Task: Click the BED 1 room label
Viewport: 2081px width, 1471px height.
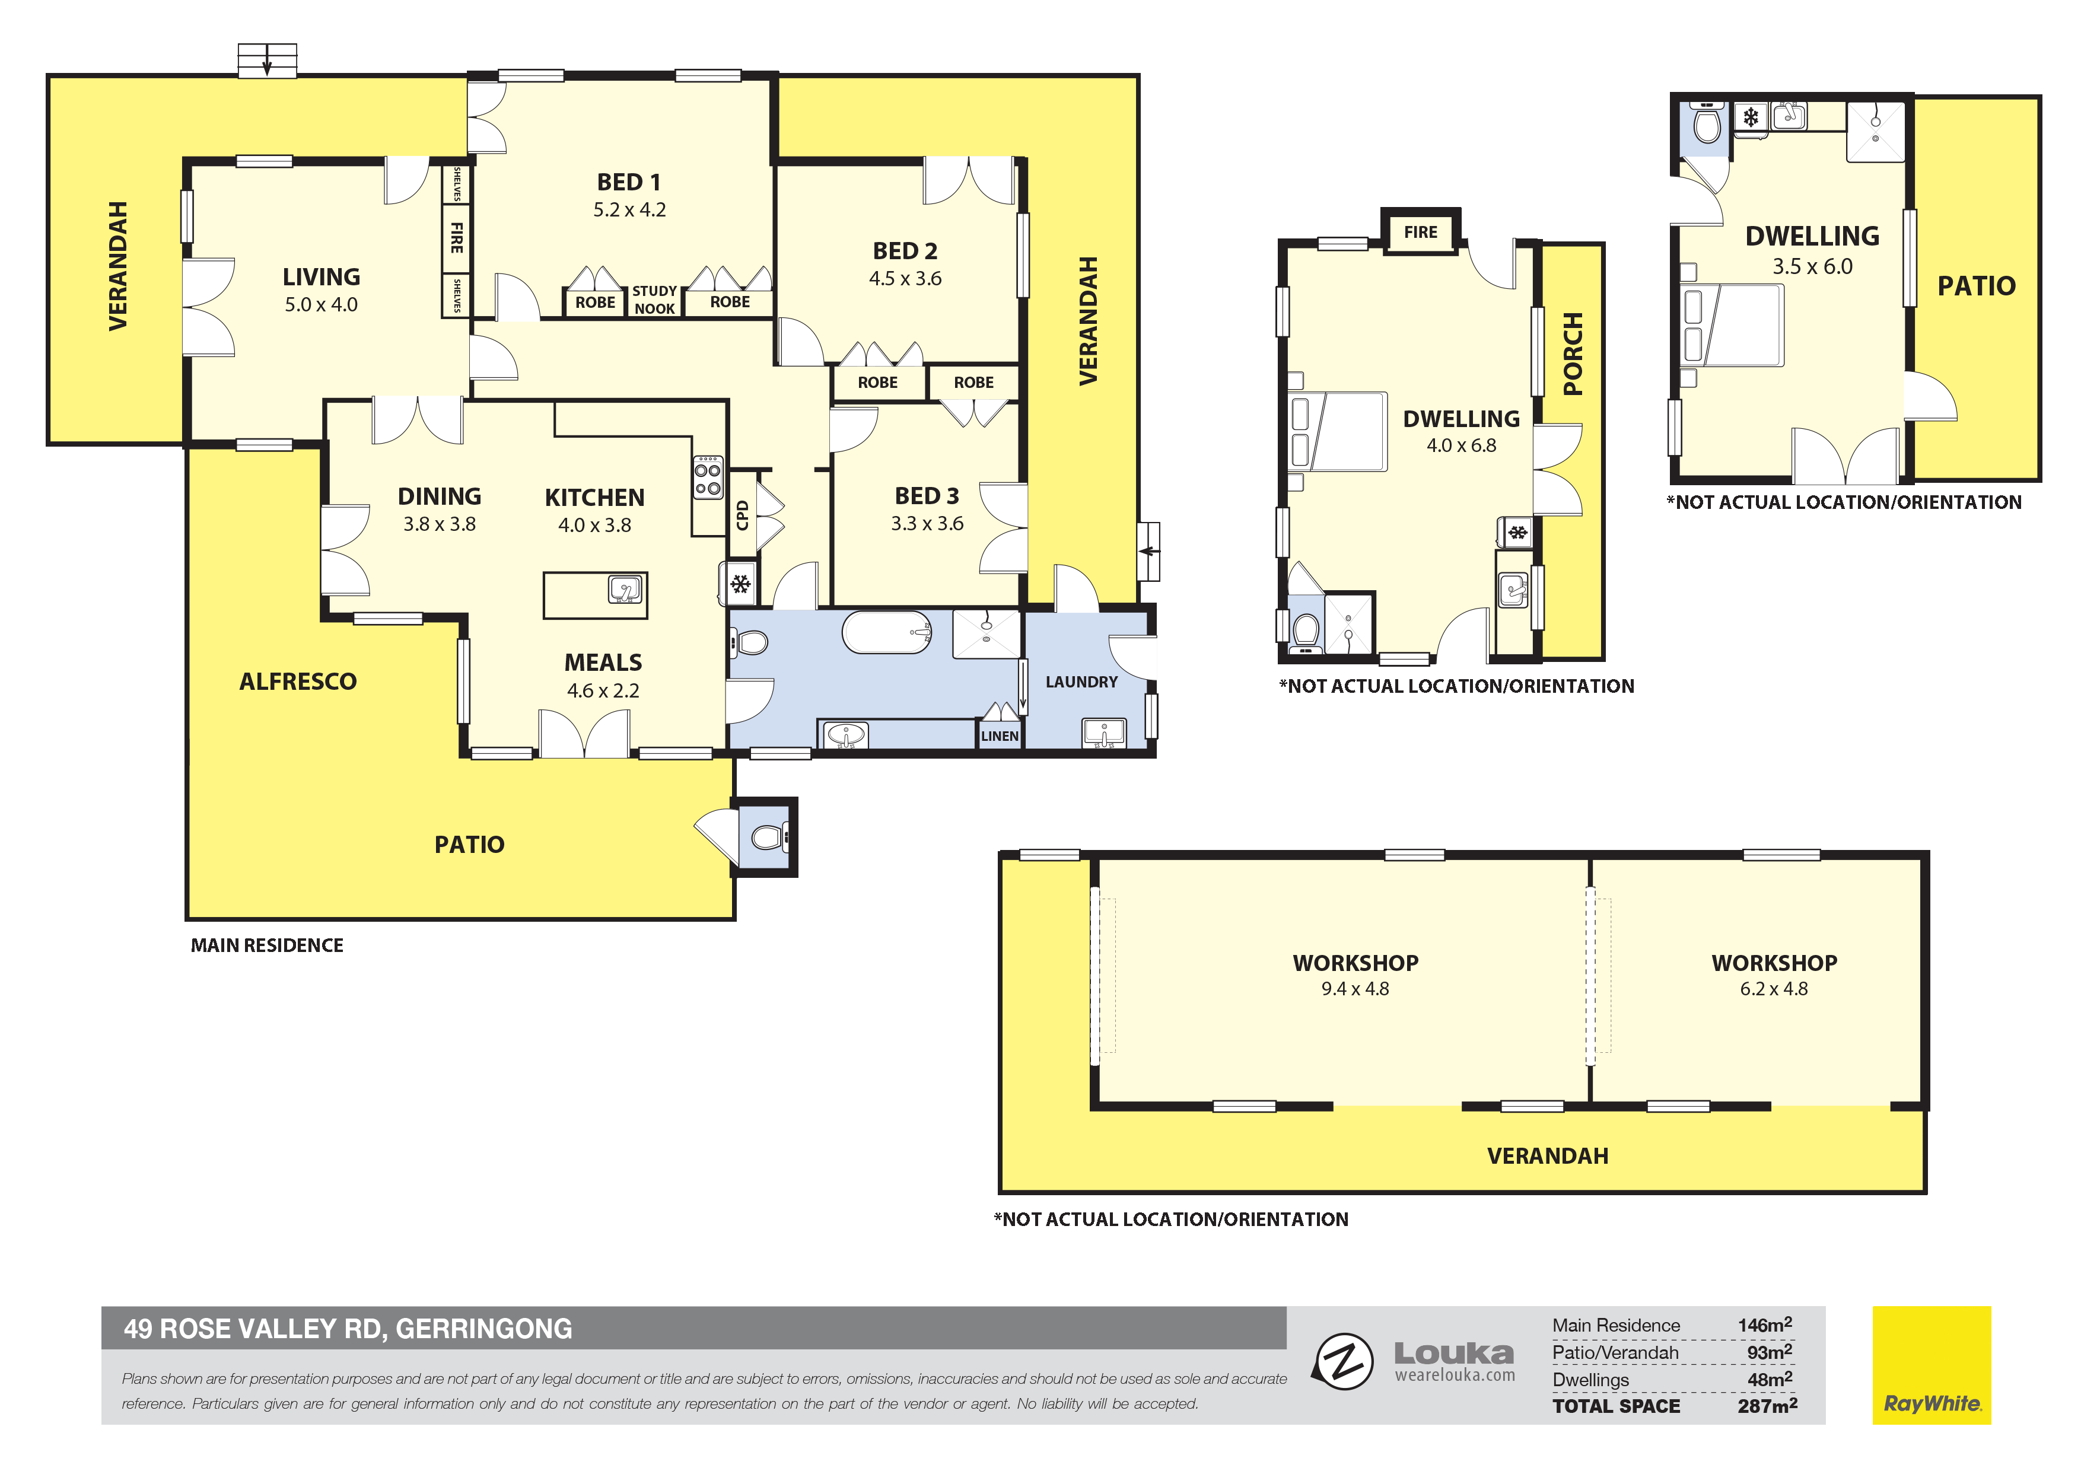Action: click(x=629, y=182)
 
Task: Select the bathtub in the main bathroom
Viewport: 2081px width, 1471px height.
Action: click(x=886, y=632)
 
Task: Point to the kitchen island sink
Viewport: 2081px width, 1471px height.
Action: click(x=625, y=590)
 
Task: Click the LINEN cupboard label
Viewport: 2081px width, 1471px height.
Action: click(x=1000, y=736)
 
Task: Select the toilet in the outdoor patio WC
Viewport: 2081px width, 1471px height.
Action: click(x=769, y=836)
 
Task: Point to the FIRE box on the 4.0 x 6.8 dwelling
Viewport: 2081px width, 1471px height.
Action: click(x=1420, y=232)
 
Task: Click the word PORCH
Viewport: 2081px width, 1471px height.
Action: click(x=1573, y=354)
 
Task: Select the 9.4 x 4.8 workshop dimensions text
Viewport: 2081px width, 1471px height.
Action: click(x=1355, y=989)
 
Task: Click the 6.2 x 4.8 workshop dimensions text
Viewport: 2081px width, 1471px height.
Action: click(x=1774, y=989)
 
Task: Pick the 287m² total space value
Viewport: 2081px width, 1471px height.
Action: click(x=1767, y=1406)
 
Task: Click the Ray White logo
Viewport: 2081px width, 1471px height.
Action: click(x=1932, y=1365)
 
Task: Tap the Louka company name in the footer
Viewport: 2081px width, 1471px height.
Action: click(x=1454, y=1354)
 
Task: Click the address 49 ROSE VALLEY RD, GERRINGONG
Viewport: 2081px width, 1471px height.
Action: click(x=348, y=1329)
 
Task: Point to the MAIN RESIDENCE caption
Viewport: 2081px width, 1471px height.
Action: click(x=266, y=945)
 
